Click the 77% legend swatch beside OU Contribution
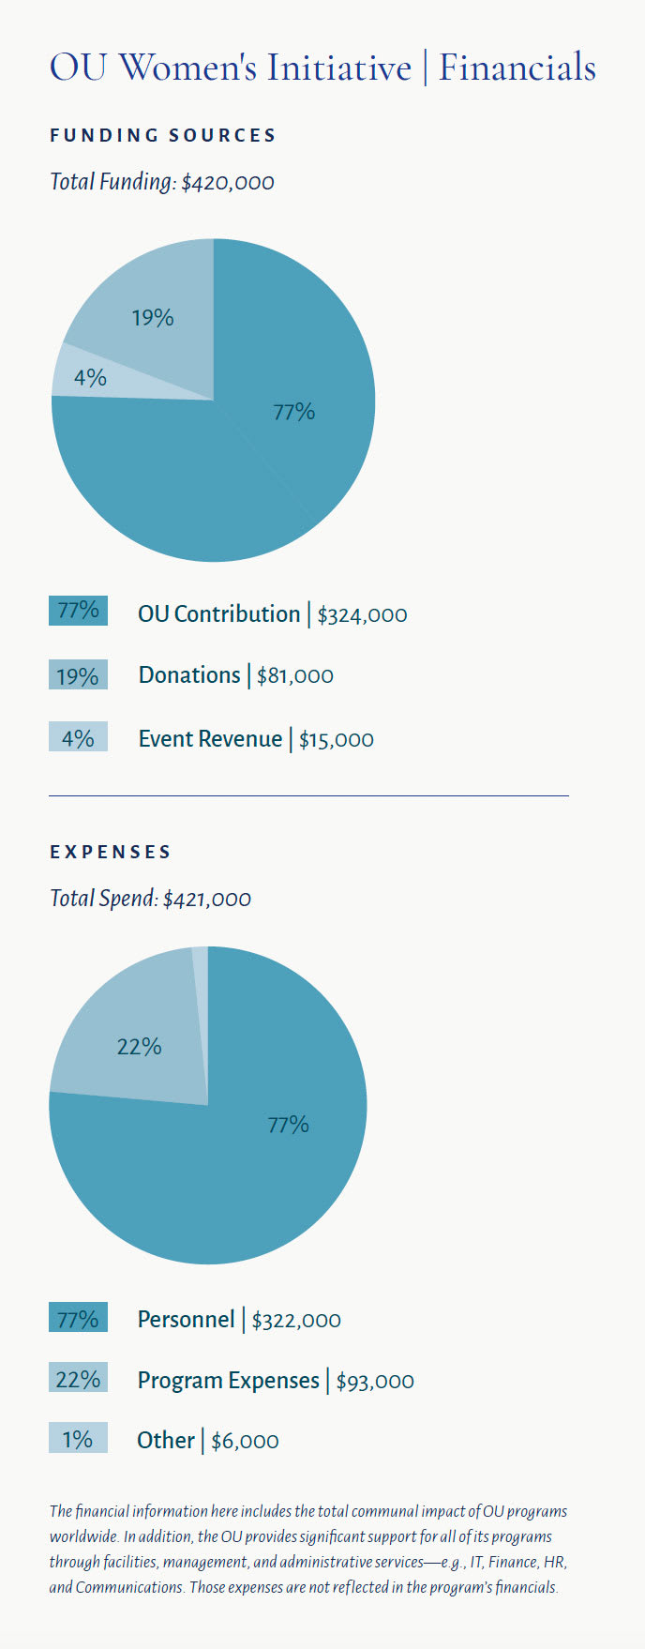tap(78, 611)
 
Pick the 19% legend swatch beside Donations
tap(78, 675)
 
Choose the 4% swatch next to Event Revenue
tap(78, 738)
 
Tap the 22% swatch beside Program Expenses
tap(78, 1379)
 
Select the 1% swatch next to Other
tap(78, 1439)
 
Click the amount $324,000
tap(363, 615)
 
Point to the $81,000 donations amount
tap(294, 676)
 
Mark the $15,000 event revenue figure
tap(337, 740)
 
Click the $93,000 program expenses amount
tap(375, 1382)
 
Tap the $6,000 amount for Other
tap(245, 1442)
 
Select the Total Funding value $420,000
tap(228, 182)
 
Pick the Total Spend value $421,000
tap(207, 900)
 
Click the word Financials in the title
tap(517, 68)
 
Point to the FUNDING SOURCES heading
tap(163, 136)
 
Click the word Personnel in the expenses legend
tap(186, 1320)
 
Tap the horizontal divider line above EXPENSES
tap(308, 795)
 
